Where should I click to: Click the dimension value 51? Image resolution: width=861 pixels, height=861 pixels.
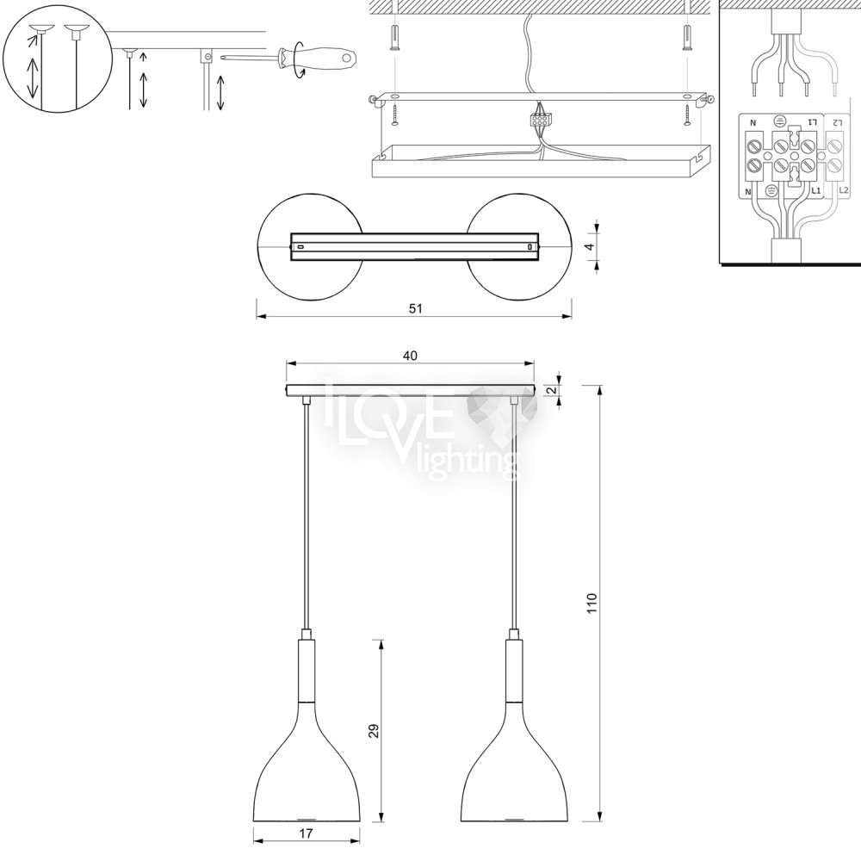[x=416, y=308]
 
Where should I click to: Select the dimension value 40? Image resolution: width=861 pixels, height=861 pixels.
[x=410, y=356]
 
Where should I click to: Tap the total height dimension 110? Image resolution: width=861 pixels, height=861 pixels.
[x=592, y=604]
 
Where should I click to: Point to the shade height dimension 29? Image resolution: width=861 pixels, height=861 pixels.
[x=374, y=731]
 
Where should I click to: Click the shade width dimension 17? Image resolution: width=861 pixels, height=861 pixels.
[x=307, y=833]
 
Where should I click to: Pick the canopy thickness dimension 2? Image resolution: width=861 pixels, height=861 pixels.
[x=553, y=390]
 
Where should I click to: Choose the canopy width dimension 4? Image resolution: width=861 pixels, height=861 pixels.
[x=590, y=247]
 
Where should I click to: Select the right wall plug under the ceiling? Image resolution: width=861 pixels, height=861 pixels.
[x=686, y=38]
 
